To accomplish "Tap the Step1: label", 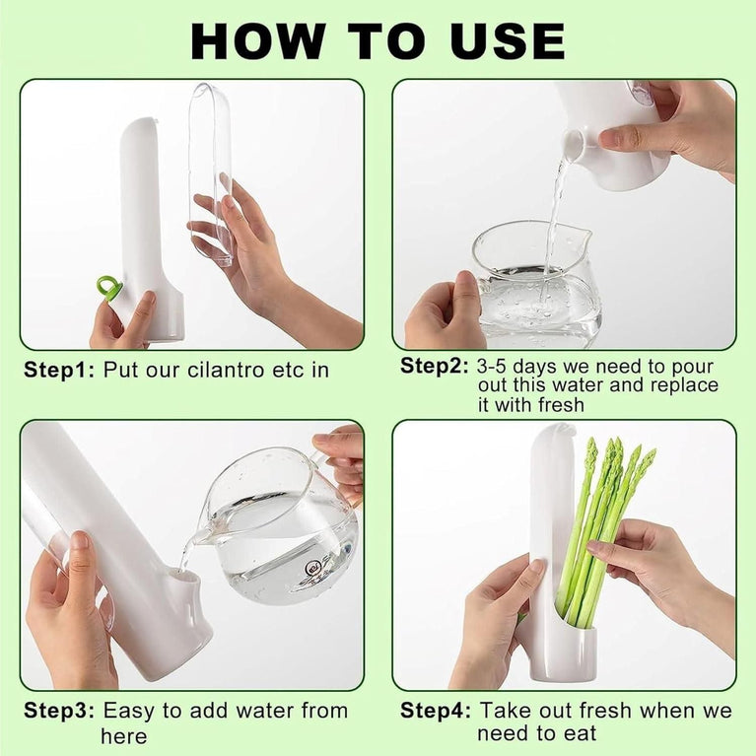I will click(x=57, y=371).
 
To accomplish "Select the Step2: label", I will click(x=435, y=366).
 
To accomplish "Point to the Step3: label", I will click(x=58, y=711).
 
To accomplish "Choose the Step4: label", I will click(x=436, y=711).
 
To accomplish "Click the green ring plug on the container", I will click(x=109, y=288).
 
